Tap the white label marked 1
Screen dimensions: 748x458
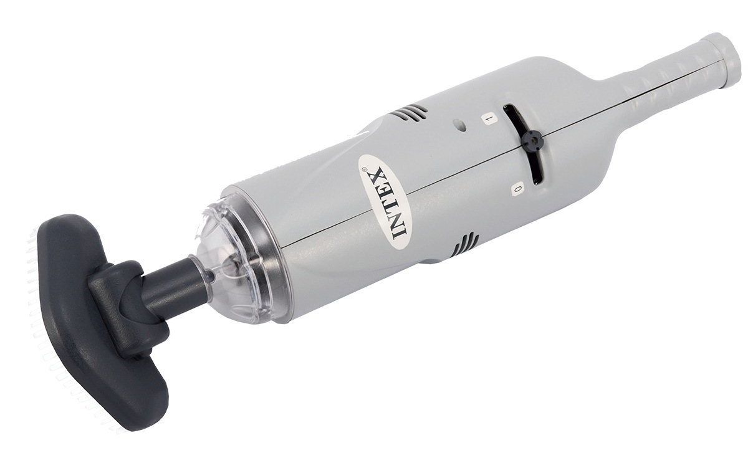[489, 120]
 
